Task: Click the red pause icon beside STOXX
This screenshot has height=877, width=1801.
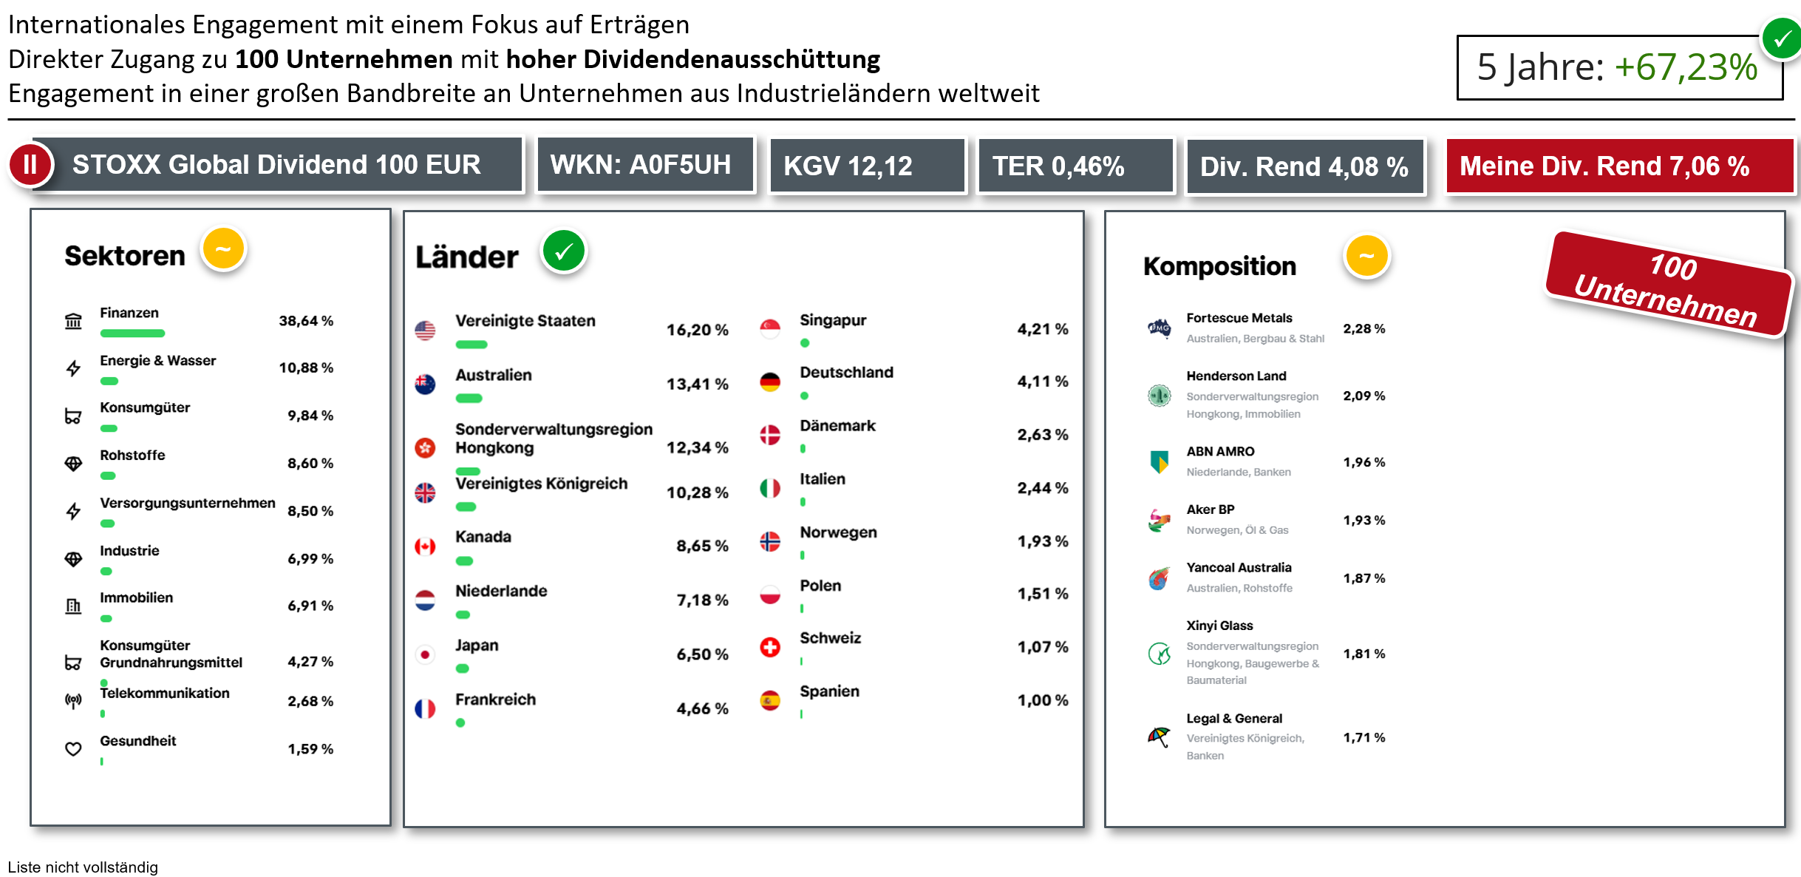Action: pyautogui.click(x=30, y=164)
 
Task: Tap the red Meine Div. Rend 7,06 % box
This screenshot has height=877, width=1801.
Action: pyautogui.click(x=1618, y=166)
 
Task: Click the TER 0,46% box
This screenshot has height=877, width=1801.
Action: pyautogui.click(x=1075, y=166)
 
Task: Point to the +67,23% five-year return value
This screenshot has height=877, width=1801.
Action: pyautogui.click(x=1686, y=67)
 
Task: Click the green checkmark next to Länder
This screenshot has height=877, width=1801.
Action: pyautogui.click(x=564, y=251)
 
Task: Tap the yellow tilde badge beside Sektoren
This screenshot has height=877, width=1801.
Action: pyautogui.click(x=223, y=249)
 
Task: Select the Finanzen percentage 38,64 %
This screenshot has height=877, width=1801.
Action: pyautogui.click(x=306, y=321)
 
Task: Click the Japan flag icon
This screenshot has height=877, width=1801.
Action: pyautogui.click(x=425, y=654)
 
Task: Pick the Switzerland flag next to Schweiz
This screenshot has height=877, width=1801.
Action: pyautogui.click(x=770, y=647)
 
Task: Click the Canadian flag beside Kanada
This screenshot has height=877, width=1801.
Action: pyautogui.click(x=425, y=546)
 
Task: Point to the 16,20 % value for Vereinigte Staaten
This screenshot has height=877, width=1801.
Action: pyautogui.click(x=697, y=330)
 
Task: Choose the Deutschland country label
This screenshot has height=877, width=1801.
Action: pyautogui.click(x=846, y=373)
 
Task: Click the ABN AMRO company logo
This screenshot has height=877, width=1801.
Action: pyautogui.click(x=1159, y=461)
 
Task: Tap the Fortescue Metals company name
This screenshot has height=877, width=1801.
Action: pyautogui.click(x=1239, y=318)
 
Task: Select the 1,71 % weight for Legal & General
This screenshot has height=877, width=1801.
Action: pyautogui.click(x=1363, y=737)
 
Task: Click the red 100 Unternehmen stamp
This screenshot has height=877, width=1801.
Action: pyautogui.click(x=1669, y=285)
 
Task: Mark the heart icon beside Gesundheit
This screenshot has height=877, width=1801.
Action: pyautogui.click(x=73, y=749)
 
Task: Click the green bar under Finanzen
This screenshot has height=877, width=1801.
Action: pyautogui.click(x=132, y=333)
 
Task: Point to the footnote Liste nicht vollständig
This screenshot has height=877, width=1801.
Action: pyautogui.click(x=83, y=867)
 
